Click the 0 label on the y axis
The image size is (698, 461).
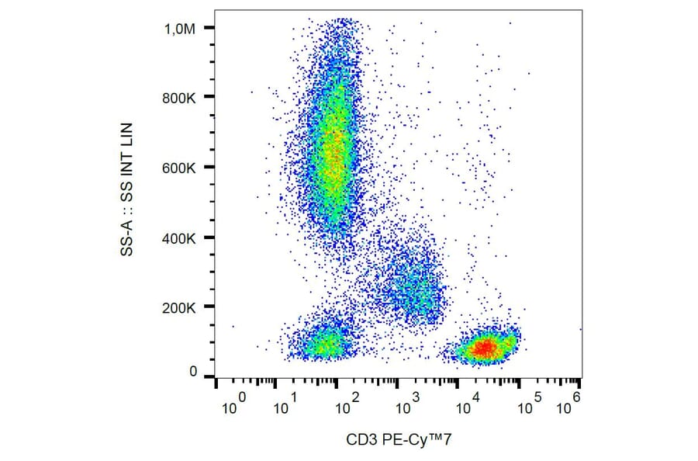click(195, 372)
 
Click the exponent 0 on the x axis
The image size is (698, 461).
click(243, 397)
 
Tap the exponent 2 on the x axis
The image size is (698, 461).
click(355, 397)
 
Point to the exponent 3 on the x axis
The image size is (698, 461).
click(416, 397)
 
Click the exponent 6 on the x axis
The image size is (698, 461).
click(576, 397)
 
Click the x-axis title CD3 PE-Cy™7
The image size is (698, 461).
click(399, 440)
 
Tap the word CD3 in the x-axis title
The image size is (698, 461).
click(360, 440)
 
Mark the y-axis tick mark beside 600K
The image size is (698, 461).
click(209, 168)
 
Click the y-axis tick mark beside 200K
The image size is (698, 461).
click(209, 307)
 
